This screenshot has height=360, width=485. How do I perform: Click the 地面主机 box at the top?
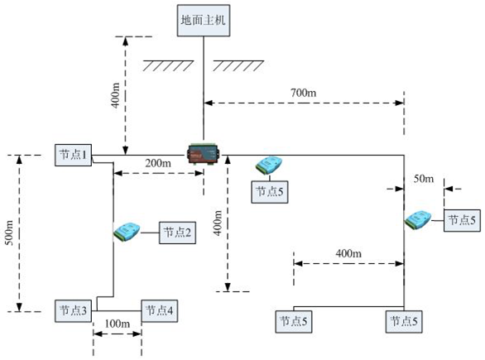pyautogui.click(x=204, y=21)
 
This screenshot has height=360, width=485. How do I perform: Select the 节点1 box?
pyautogui.click(x=74, y=155)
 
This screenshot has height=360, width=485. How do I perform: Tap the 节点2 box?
pyautogui.click(x=177, y=233)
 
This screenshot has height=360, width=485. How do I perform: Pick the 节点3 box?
pyautogui.click(x=74, y=311)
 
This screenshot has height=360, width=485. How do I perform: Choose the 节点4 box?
pyautogui.click(x=159, y=311)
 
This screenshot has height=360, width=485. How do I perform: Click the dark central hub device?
pyautogui.click(x=204, y=153)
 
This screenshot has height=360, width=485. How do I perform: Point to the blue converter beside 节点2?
pyautogui.click(x=127, y=232)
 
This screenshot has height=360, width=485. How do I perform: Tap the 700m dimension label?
pyautogui.click(x=304, y=93)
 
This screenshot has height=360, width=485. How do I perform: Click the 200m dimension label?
pyautogui.click(x=158, y=163)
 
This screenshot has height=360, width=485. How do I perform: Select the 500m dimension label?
pyautogui.click(x=10, y=233)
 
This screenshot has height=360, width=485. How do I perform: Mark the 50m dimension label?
pyautogui.click(x=424, y=179)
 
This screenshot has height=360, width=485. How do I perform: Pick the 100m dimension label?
pyautogui.click(x=118, y=324)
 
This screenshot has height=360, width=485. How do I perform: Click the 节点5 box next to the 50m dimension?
pyautogui.click(x=462, y=220)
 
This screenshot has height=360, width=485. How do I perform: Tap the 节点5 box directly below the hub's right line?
pyautogui.click(x=270, y=192)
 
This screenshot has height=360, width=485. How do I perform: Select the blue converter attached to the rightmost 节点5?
pyautogui.click(x=418, y=220)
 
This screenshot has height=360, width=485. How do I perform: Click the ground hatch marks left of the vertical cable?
pyautogui.click(x=168, y=66)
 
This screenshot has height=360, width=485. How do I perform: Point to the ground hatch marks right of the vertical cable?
pyautogui.click(x=238, y=66)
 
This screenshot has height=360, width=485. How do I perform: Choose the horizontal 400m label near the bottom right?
pyautogui.click(x=348, y=253)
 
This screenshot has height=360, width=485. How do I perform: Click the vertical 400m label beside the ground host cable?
pyautogui.click(x=116, y=95)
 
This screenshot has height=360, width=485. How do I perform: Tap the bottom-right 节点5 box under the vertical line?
pyautogui.click(x=404, y=322)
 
